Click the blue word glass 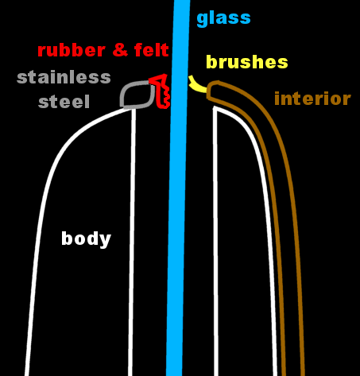pyautogui.click(x=223, y=18)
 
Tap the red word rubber pyautogui.click(x=72, y=50)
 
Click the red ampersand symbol pyautogui.click(x=120, y=50)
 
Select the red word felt pyautogui.click(x=152, y=49)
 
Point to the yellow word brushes pyautogui.click(x=247, y=62)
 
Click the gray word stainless pyautogui.click(x=64, y=77)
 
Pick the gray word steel pyautogui.click(x=64, y=102)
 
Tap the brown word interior pyautogui.click(x=312, y=99)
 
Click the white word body pyautogui.click(x=86, y=239)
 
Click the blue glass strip pyautogui.click(x=178, y=188)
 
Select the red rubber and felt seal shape pyautogui.click(x=161, y=91)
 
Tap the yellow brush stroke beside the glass pyautogui.click(x=196, y=84)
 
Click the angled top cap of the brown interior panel pyautogui.click(x=213, y=90)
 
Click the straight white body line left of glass pyautogui.click(x=132, y=242)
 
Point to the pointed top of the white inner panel pyautogui.click(x=215, y=107)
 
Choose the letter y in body pyautogui.click(x=106, y=241)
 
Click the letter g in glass pyautogui.click(x=202, y=20)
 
